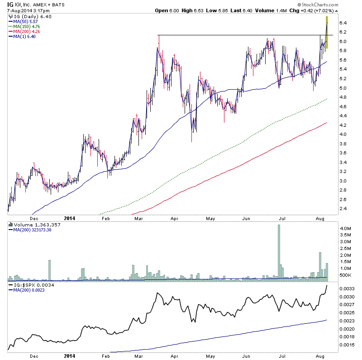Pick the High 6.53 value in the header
(x=189, y=10)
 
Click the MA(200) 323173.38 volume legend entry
(x=33, y=230)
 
